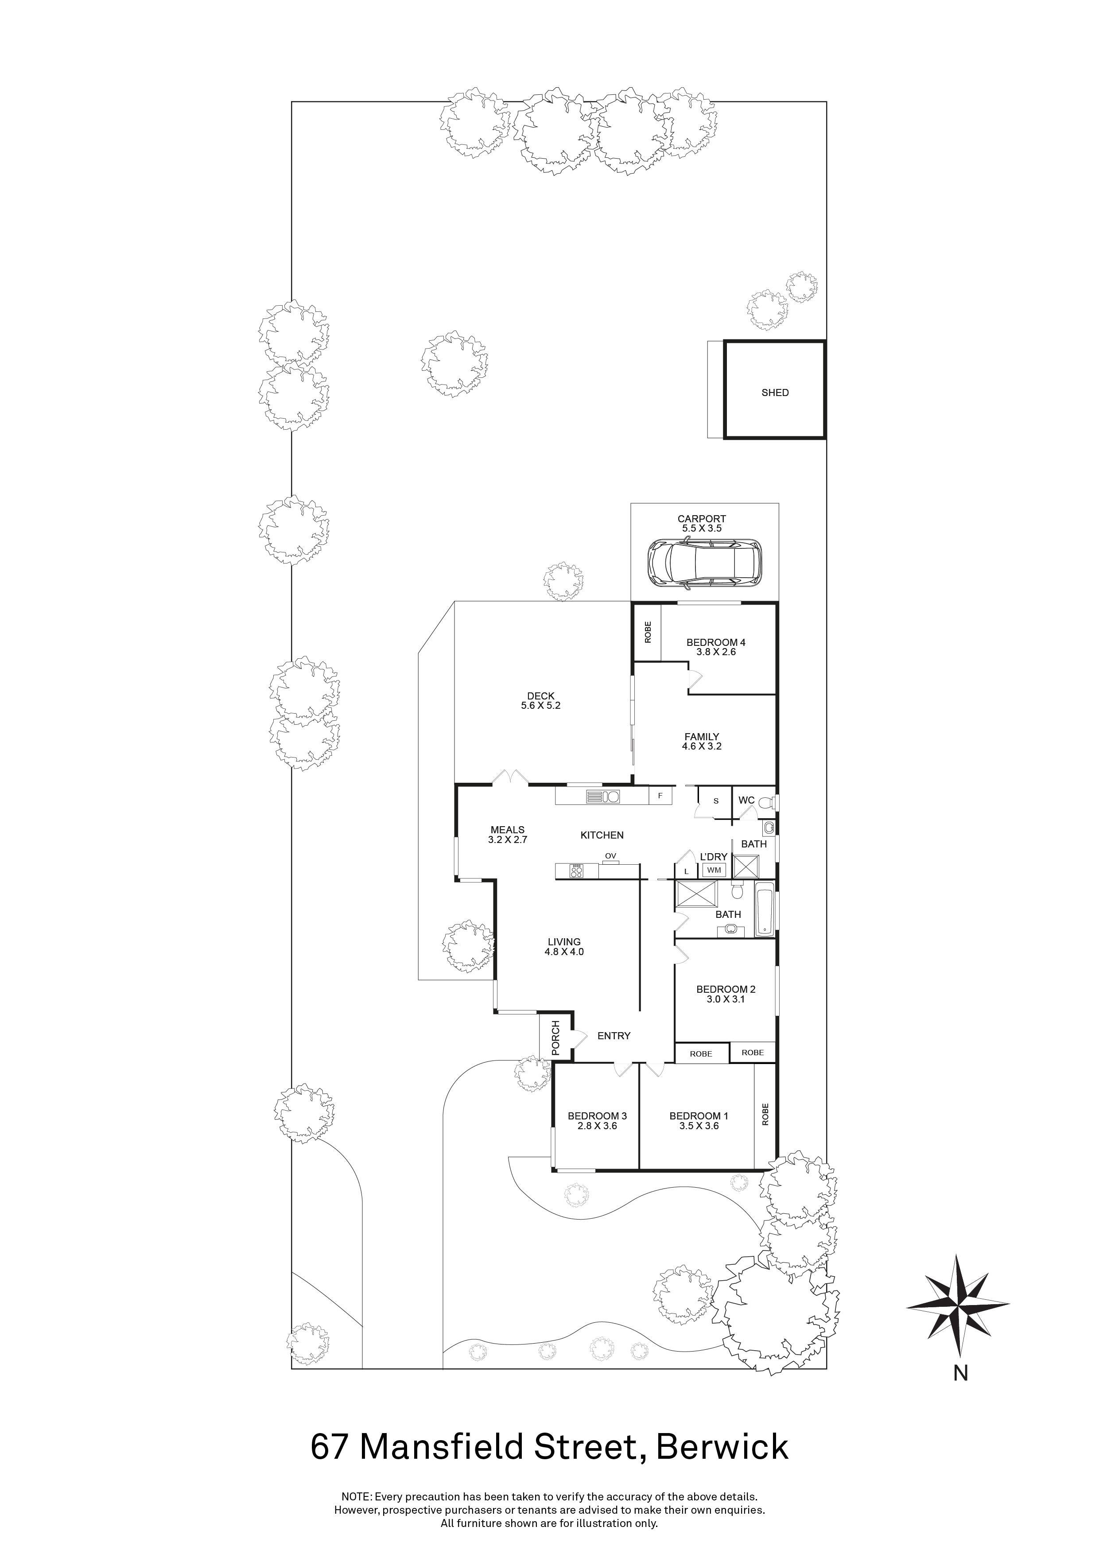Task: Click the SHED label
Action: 775,392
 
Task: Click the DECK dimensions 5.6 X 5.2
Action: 541,705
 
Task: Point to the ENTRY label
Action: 614,1036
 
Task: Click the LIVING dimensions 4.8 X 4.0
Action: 564,952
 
